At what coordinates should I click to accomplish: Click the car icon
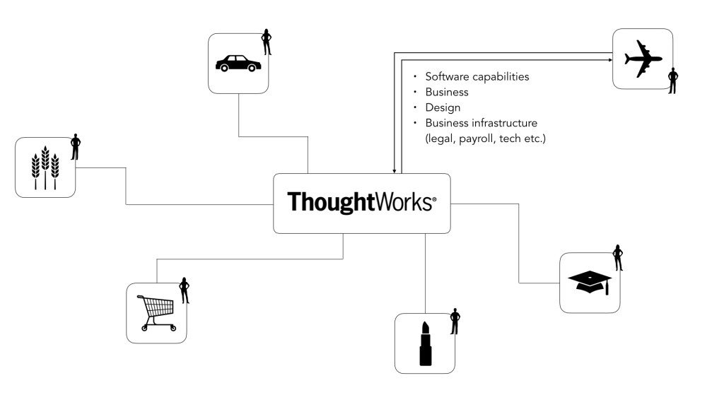(238, 64)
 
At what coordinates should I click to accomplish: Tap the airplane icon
(643, 58)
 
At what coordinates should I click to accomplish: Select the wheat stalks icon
(45, 168)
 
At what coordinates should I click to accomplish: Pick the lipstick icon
(425, 343)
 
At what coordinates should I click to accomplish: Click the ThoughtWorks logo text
(361, 202)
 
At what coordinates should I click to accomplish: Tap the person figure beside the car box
(267, 42)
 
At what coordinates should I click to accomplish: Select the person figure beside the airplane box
(672, 81)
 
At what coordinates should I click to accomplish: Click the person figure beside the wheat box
(76, 147)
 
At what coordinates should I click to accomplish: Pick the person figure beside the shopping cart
(185, 290)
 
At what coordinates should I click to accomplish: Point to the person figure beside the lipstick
(455, 322)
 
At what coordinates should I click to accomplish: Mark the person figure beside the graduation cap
(618, 258)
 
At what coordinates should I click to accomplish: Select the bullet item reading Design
(443, 107)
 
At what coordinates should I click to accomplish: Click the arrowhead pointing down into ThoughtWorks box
(393, 170)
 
